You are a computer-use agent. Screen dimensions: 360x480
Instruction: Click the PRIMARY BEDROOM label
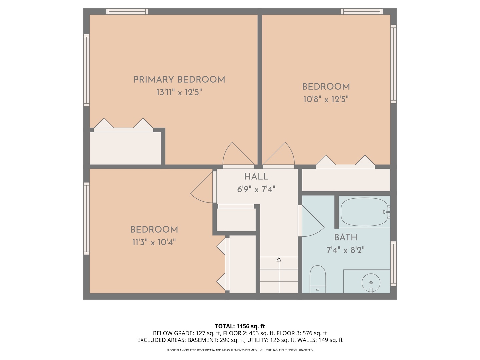[179, 80]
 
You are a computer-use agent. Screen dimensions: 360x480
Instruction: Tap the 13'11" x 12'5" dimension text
[179, 92]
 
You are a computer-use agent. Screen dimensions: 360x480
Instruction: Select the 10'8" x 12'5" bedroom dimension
[326, 99]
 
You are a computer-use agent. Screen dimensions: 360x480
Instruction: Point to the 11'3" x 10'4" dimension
[154, 242]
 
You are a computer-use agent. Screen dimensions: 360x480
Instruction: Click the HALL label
[256, 177]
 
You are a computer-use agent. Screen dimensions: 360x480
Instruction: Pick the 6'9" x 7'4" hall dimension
[256, 189]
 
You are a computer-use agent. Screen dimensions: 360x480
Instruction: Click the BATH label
[346, 237]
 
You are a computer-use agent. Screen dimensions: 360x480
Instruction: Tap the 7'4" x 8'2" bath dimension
[346, 250]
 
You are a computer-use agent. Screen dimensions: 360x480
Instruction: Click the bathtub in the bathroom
[364, 212]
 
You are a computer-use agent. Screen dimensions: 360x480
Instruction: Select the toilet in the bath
[317, 278]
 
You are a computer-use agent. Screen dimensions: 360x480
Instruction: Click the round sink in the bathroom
[371, 283]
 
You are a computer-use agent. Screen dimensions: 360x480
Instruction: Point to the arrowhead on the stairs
[279, 259]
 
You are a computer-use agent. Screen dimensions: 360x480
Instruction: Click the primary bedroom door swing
[237, 155]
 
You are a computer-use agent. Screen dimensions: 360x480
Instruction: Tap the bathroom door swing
[312, 222]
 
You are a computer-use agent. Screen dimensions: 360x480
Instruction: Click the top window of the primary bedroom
[127, 12]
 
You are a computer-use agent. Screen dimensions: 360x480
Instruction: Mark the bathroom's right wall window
[393, 264]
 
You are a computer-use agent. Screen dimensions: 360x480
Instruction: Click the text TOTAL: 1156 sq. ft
[240, 326]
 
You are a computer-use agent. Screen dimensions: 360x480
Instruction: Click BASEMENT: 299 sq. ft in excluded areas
[216, 340]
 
